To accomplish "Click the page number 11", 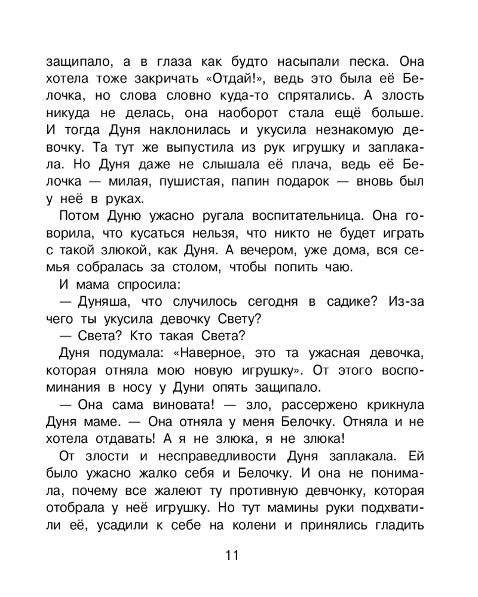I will pyautogui.click(x=232, y=556).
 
